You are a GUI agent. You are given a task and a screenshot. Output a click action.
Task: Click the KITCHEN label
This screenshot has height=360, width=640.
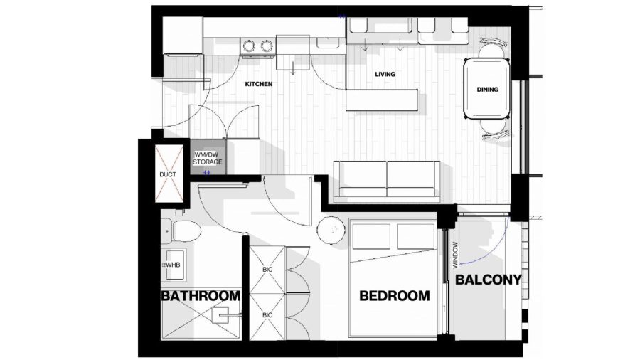pos(258,84)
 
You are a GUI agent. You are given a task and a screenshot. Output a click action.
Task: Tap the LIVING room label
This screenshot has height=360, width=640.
pos(385,74)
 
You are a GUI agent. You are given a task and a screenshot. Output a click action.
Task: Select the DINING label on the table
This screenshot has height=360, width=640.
pos(487,90)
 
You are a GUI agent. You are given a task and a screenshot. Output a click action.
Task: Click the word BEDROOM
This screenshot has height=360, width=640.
pos(394,295)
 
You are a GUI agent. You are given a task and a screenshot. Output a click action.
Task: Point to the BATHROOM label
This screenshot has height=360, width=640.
pos(201,295)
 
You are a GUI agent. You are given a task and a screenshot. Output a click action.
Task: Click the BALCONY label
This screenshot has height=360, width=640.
pos(488,280)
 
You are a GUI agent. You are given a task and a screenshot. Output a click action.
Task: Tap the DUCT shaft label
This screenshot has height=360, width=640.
pos(168,174)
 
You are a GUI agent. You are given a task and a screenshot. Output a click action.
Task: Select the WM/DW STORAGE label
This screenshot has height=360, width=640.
pos(208,159)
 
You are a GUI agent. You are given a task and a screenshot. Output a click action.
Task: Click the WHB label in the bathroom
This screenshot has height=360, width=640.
pos(173,265)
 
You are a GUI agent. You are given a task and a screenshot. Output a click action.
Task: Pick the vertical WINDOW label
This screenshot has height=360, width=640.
pos(455,255)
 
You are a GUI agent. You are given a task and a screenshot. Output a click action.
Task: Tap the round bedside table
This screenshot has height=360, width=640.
pos(331,231)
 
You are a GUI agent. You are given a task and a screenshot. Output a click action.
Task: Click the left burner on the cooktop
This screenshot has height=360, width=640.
pos(249,46)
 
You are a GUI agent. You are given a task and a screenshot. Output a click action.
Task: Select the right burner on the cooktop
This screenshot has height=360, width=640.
pos(267,46)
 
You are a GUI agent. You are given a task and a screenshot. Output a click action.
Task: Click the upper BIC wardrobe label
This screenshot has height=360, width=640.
pos(267,270)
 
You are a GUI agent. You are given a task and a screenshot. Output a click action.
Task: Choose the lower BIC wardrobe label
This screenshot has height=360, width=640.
pos(267,315)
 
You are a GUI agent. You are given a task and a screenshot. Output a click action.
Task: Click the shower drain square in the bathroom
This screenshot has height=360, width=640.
pos(220,315)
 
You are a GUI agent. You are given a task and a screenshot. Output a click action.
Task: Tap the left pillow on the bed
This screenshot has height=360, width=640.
pos(371,236)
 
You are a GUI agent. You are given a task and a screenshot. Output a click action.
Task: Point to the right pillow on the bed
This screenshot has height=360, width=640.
pos(415,236)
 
